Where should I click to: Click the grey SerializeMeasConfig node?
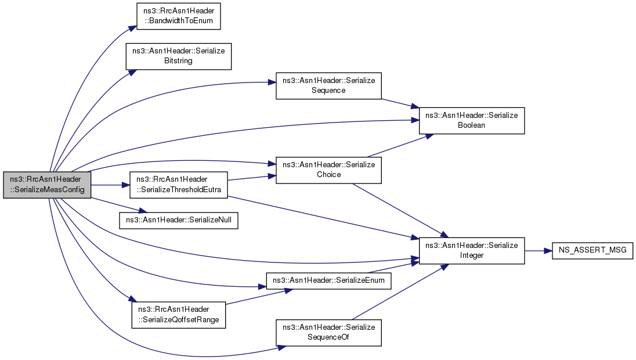(47, 185)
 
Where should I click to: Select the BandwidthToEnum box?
(179, 16)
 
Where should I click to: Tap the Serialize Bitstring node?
(179, 56)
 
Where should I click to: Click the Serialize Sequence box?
(328, 85)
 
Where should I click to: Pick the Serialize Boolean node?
(471, 121)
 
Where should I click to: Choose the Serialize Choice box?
(328, 170)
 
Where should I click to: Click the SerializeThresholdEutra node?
(179, 185)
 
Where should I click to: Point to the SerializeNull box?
(179, 221)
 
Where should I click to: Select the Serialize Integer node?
(471, 251)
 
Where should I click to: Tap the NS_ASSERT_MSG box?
(592, 250)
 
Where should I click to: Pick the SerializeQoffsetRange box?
(179, 315)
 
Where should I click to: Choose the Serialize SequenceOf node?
(328, 333)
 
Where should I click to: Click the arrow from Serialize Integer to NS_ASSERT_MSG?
(539, 251)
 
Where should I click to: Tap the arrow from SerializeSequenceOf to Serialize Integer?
(400, 292)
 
